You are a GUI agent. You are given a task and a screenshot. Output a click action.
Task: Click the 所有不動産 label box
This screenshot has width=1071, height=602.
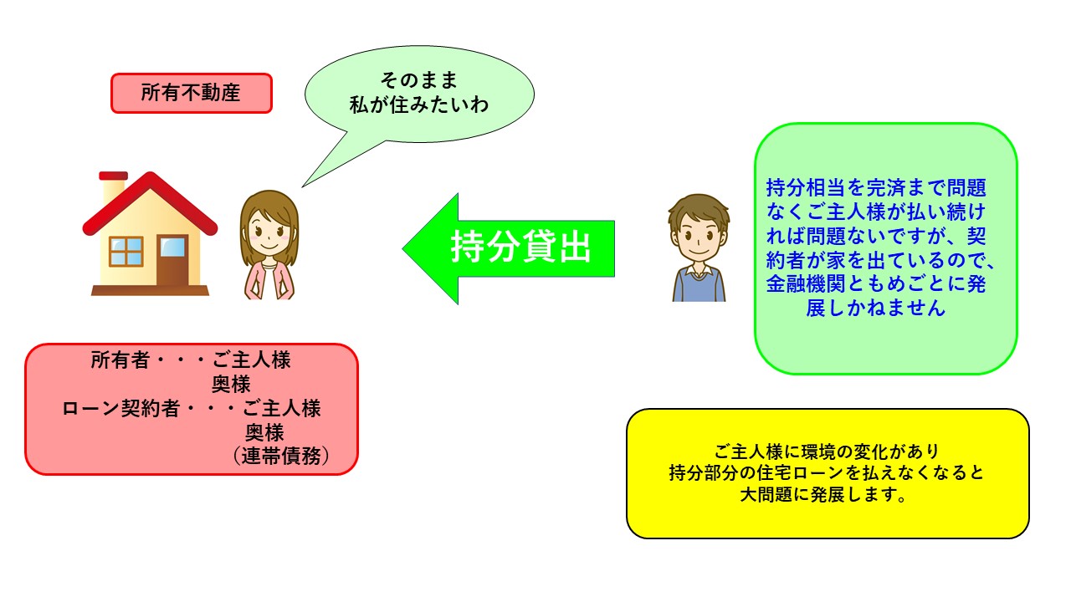point(192,93)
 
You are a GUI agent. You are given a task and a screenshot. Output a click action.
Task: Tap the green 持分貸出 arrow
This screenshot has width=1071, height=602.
point(509,248)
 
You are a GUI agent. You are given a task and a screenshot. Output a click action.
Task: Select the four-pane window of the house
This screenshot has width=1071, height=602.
point(126,252)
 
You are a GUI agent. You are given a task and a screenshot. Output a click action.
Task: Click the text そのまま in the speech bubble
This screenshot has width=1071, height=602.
point(419,80)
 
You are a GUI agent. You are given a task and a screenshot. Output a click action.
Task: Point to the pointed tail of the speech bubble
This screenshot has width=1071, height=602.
point(303,186)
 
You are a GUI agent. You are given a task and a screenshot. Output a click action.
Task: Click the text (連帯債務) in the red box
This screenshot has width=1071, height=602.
point(281,456)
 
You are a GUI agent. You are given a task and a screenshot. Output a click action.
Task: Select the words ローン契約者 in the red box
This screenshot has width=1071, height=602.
point(121,409)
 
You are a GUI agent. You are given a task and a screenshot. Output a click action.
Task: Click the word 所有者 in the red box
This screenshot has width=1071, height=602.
point(120,360)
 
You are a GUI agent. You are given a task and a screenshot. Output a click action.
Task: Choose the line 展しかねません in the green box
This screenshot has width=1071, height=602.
point(875,308)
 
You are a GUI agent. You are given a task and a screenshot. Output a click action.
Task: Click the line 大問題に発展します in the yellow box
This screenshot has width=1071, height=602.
point(822,494)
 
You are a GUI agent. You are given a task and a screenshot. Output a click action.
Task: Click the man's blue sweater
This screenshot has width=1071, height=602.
point(699,286)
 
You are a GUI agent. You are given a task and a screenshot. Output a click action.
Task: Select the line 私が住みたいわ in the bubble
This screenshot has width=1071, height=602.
point(419,105)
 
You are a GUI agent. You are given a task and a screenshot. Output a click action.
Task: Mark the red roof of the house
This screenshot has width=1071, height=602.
point(150,203)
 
